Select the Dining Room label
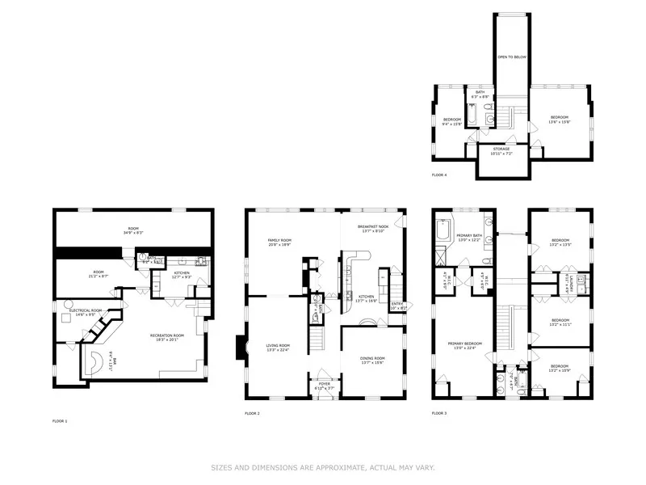point(372,360)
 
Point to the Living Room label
point(279,348)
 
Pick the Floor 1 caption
point(61,421)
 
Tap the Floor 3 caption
point(439,413)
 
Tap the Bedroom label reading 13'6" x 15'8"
point(560,120)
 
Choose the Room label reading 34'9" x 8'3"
point(133,230)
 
